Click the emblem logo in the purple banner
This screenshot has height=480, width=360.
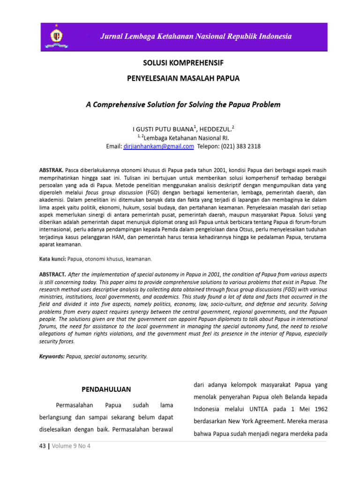pos(57,36)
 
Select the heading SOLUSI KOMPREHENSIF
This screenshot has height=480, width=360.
pos(183,62)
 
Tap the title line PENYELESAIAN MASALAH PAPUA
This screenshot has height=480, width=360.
pos(183,78)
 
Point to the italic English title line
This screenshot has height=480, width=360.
pos(183,105)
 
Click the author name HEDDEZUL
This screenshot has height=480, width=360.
pos(216,128)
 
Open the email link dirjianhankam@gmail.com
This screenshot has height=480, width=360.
pos(159,146)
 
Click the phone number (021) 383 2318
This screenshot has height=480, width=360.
pos(240,146)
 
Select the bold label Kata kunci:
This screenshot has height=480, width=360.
pos(52,259)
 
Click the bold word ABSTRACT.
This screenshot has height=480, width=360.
pos(52,274)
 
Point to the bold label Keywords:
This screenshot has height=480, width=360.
pos(52,356)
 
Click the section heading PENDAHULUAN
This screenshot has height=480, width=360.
pos(106,390)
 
